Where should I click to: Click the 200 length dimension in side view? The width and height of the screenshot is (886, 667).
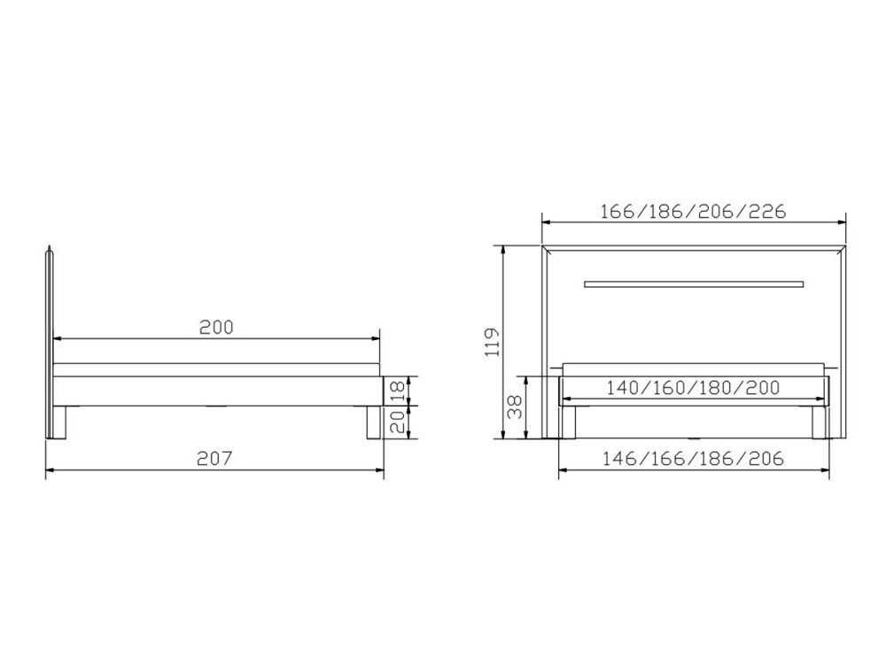click(x=215, y=326)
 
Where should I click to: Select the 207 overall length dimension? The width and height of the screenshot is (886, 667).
click(x=215, y=459)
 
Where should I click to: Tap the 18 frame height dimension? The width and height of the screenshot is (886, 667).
click(x=399, y=391)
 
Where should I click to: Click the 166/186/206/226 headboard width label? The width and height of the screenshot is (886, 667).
click(x=693, y=212)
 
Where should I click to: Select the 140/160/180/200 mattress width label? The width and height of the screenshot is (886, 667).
click(x=693, y=388)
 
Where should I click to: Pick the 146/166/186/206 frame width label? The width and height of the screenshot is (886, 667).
click(x=693, y=459)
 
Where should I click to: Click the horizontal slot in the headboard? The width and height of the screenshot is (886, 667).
click(x=693, y=284)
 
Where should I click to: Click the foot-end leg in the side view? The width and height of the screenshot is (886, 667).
click(x=372, y=423)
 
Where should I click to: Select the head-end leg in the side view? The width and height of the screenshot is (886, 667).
click(x=60, y=423)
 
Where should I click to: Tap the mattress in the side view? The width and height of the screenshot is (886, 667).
click(x=217, y=369)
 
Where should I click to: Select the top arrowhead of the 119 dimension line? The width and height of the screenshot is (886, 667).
click(x=504, y=250)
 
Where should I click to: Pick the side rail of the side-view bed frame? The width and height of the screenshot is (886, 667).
click(x=217, y=391)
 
